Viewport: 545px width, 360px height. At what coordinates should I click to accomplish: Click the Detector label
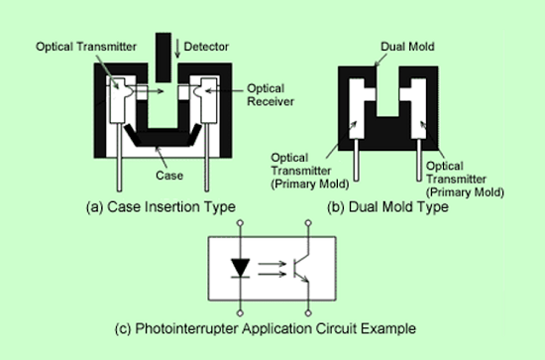point(206,47)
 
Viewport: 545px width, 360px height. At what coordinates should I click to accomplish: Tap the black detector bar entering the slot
point(163,58)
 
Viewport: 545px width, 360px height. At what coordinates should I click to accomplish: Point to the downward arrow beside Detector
point(177,49)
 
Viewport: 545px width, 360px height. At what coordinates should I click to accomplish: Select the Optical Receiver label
point(271,95)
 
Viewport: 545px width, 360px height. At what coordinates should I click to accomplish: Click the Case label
point(169,176)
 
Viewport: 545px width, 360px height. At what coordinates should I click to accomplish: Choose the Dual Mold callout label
point(407,47)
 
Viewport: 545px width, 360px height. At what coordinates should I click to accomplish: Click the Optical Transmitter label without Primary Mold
point(86,47)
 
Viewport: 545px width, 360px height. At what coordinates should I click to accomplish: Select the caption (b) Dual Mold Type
point(387,206)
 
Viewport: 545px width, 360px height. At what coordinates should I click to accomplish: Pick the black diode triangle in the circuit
point(240,268)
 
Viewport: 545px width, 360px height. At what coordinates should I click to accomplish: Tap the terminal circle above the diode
point(240,222)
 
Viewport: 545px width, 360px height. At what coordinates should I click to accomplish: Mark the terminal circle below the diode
point(240,313)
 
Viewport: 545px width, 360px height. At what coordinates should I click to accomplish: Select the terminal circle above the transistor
point(308,222)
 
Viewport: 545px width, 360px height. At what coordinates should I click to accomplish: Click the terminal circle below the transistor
point(308,313)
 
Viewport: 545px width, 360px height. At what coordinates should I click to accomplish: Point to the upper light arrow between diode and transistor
point(272,264)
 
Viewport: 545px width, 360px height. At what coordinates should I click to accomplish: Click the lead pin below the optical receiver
point(207,158)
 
